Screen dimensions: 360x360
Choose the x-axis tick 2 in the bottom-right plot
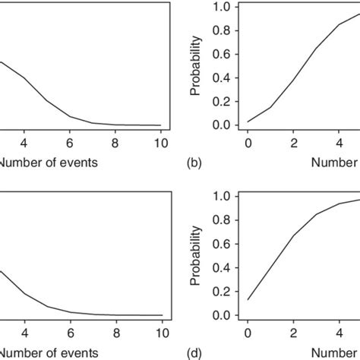294,333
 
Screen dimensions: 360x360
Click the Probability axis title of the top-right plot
197,67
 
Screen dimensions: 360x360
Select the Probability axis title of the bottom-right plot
197,257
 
